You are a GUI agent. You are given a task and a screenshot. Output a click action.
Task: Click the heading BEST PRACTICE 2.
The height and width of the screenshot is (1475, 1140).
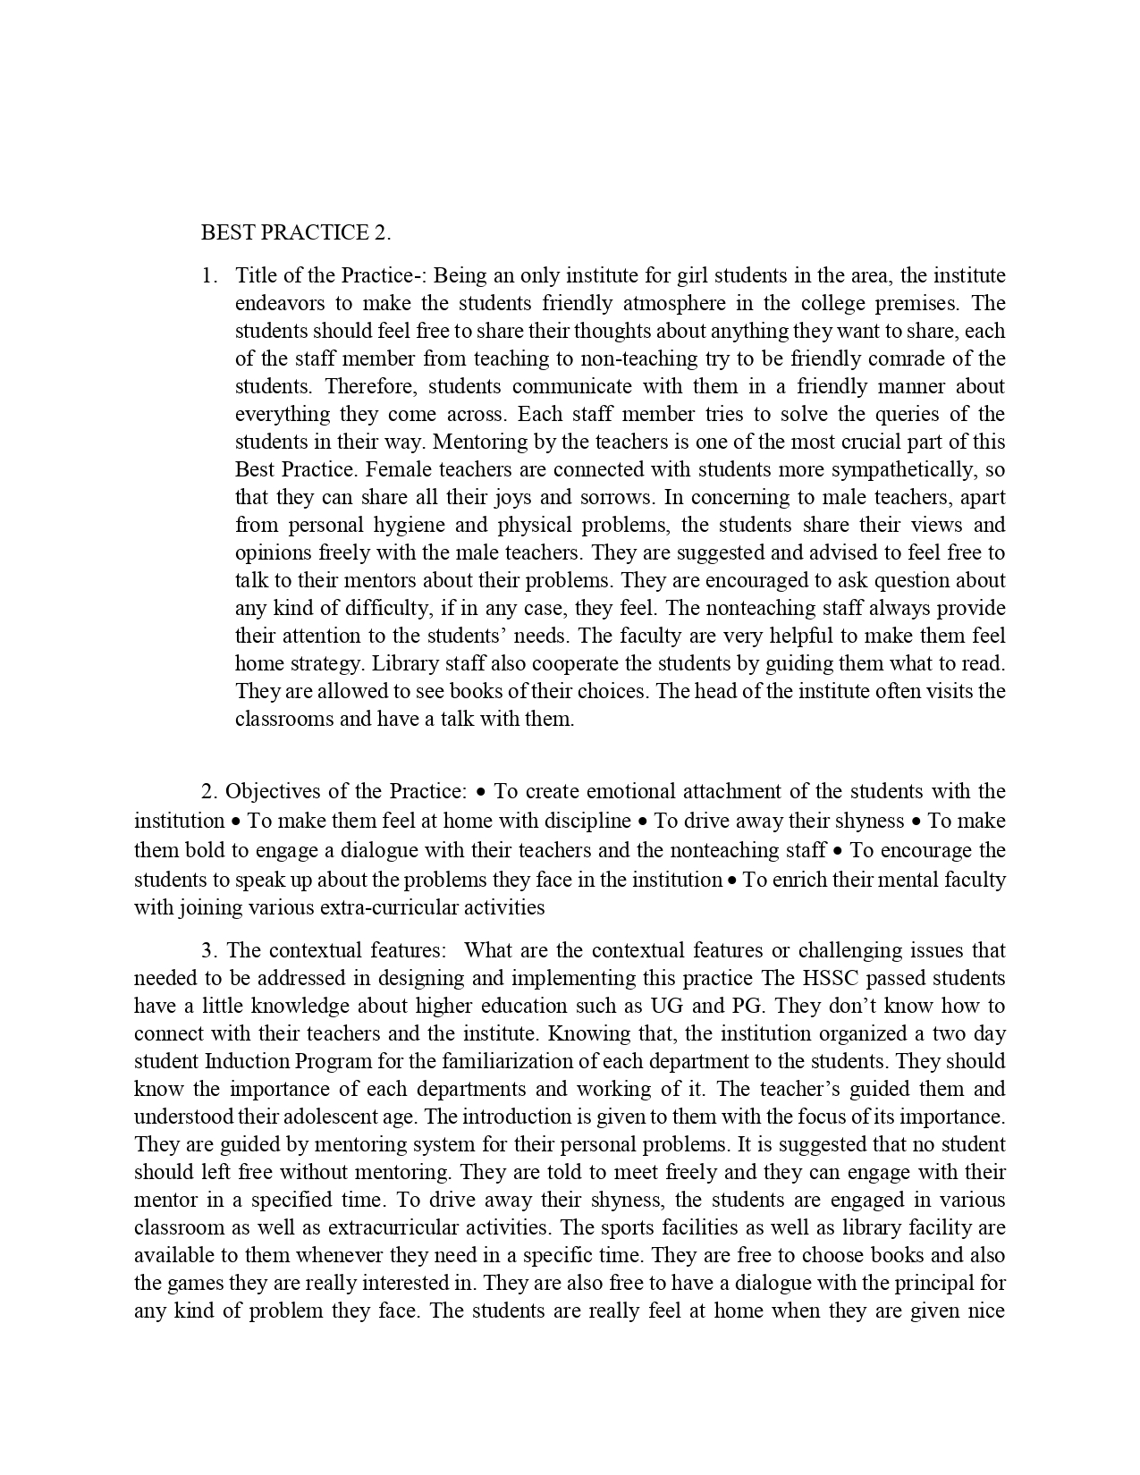click(x=296, y=233)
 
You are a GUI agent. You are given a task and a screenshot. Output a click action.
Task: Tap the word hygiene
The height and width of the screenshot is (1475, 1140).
click(x=447, y=525)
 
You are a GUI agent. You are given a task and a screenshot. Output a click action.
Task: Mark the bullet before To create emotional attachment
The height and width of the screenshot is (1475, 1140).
click(x=482, y=792)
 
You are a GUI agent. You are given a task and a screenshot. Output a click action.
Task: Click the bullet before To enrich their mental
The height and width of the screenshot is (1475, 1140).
click(x=732, y=881)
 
